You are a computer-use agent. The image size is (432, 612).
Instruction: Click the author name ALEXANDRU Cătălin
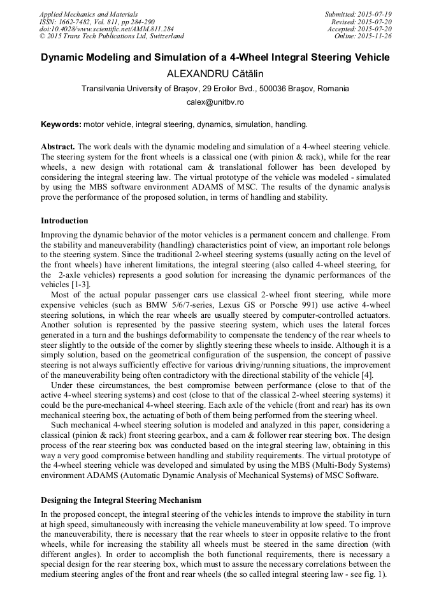coord(215,74)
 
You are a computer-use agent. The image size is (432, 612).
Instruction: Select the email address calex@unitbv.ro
coord(215,102)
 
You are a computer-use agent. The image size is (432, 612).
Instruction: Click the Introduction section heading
coord(64,221)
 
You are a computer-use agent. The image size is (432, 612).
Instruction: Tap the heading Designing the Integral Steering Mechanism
coord(121,499)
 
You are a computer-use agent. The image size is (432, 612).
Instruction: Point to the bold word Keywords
coord(61,124)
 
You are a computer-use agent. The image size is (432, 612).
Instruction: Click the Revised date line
coord(362,21)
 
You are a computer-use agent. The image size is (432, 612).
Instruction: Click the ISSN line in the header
coord(101,21)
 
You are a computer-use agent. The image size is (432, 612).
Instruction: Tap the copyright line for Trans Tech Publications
coord(112,36)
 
